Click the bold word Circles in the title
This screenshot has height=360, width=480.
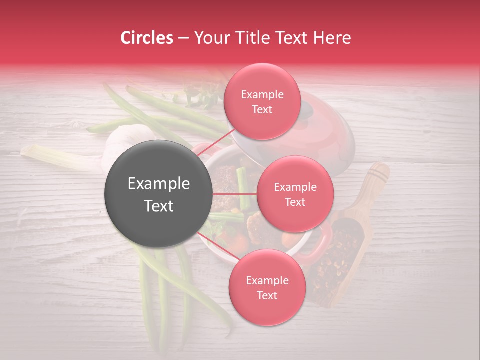pos(146,38)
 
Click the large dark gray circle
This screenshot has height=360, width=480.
pos(158,194)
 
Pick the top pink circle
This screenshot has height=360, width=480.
pos(262,101)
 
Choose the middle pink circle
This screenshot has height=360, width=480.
pos(295,194)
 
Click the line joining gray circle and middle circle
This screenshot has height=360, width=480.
pos(235,194)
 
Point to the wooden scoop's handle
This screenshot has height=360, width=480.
pos(377,177)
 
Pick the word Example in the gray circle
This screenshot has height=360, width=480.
pos(158,184)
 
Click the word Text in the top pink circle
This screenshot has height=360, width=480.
pos(262,109)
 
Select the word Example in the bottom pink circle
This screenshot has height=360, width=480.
pos(267,280)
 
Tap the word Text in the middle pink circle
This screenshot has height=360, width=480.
pos(295,202)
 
